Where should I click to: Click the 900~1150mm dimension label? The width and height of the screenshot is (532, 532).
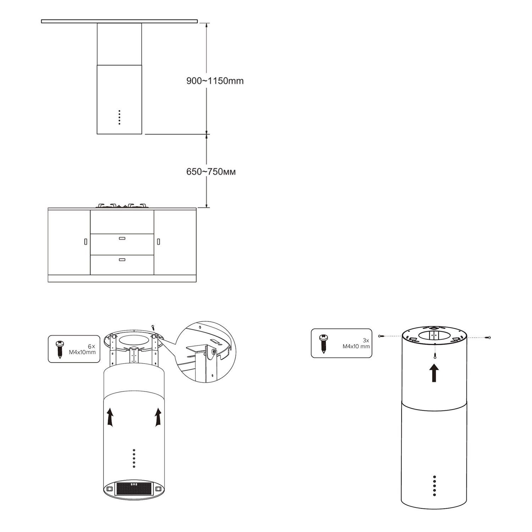(x=215, y=81)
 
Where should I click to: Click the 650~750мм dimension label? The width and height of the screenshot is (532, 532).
(x=211, y=172)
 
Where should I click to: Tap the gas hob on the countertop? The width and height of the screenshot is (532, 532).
(x=122, y=205)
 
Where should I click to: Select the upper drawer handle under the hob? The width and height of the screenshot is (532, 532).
(x=122, y=238)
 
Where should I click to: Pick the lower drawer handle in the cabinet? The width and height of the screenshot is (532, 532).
(x=122, y=260)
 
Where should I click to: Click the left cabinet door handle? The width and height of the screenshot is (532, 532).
(x=85, y=242)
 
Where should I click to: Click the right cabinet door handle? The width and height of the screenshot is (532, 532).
(x=158, y=242)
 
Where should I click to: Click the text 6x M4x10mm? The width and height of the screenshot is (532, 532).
(x=82, y=349)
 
